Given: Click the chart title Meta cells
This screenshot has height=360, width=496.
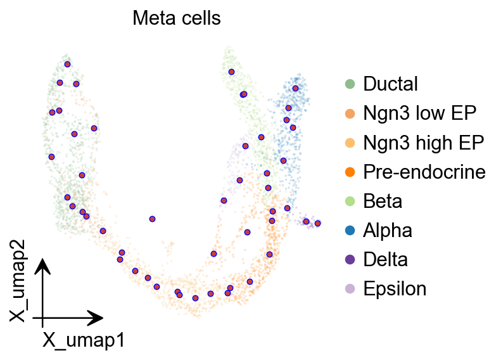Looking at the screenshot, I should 176,19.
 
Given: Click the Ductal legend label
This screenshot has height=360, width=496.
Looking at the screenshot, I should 390,84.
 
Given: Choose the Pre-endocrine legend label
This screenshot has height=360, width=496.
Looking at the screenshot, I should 424,172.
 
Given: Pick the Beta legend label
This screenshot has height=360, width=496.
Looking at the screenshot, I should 383,201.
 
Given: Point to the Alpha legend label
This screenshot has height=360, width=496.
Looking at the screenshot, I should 388,230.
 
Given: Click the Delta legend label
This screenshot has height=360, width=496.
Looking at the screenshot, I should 385,259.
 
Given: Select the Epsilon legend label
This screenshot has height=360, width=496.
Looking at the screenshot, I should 395,289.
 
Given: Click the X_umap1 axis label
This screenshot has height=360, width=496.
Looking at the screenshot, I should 83,340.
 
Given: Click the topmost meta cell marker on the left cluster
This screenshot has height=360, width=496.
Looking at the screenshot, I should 67,64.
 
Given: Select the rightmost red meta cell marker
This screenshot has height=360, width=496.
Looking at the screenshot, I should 318,223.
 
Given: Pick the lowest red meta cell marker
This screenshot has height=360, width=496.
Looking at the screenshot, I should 195,297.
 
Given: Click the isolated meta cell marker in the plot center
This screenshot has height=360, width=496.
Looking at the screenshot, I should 152,219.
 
